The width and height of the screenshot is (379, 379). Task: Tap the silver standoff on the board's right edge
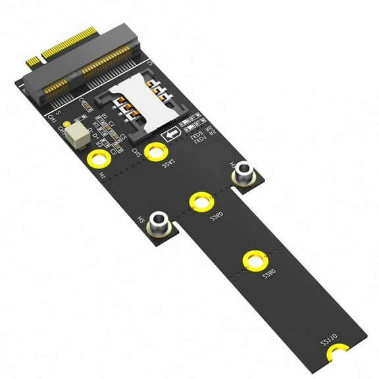click(x=243, y=172)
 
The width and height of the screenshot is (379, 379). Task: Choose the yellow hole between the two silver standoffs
click(x=200, y=201)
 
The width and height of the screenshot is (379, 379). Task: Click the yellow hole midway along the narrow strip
click(x=253, y=259)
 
